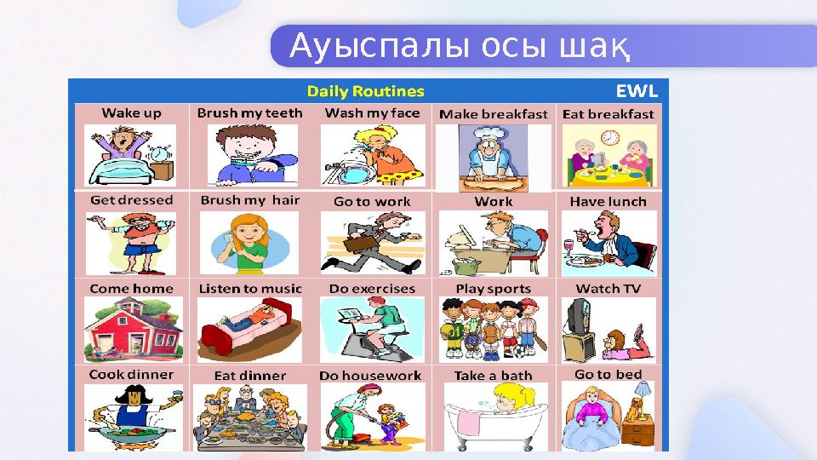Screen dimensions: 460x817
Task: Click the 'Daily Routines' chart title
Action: click(x=365, y=90)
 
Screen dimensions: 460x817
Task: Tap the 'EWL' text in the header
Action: click(x=636, y=90)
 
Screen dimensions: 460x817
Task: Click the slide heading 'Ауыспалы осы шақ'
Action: click(x=460, y=48)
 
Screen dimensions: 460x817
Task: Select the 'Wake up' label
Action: click(x=131, y=112)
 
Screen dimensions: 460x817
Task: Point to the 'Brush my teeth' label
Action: click(x=249, y=112)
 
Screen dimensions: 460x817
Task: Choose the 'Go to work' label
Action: click(x=372, y=202)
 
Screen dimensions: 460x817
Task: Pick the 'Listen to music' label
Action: click(x=249, y=289)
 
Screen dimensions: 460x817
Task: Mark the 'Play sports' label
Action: click(x=493, y=289)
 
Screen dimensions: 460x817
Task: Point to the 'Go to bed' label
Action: click(x=608, y=374)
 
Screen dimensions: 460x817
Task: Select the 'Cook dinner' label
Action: click(x=131, y=374)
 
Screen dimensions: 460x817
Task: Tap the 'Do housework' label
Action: click(x=370, y=376)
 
